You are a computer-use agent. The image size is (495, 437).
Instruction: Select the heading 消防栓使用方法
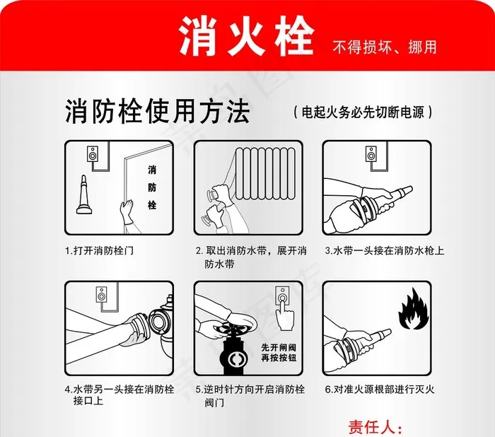click(x=157, y=111)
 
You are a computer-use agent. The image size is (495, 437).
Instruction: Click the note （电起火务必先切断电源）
click(x=361, y=112)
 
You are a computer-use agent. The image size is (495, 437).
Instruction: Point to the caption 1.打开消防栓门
click(x=98, y=250)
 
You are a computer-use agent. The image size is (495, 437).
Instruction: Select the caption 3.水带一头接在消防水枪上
click(x=383, y=250)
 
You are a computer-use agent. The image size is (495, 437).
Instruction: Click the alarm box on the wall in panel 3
click(x=371, y=153)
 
